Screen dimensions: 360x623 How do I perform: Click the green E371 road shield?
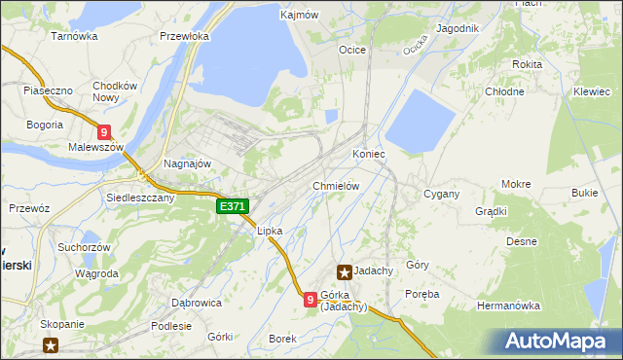click(x=234, y=206)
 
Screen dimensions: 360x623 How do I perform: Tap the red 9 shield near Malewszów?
click(x=104, y=132)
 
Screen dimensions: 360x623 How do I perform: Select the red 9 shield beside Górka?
click(x=310, y=300)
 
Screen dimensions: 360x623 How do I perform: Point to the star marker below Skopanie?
click(x=51, y=343)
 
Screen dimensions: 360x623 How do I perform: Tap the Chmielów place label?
click(x=337, y=186)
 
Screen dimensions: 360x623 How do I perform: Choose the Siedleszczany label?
click(x=140, y=197)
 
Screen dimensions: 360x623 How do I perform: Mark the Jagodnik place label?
click(x=458, y=29)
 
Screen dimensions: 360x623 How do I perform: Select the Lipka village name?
click(x=269, y=232)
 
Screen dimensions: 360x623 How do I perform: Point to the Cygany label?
click(x=441, y=194)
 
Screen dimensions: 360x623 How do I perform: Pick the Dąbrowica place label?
click(x=197, y=303)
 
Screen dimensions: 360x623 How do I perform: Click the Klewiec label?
click(x=591, y=91)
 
